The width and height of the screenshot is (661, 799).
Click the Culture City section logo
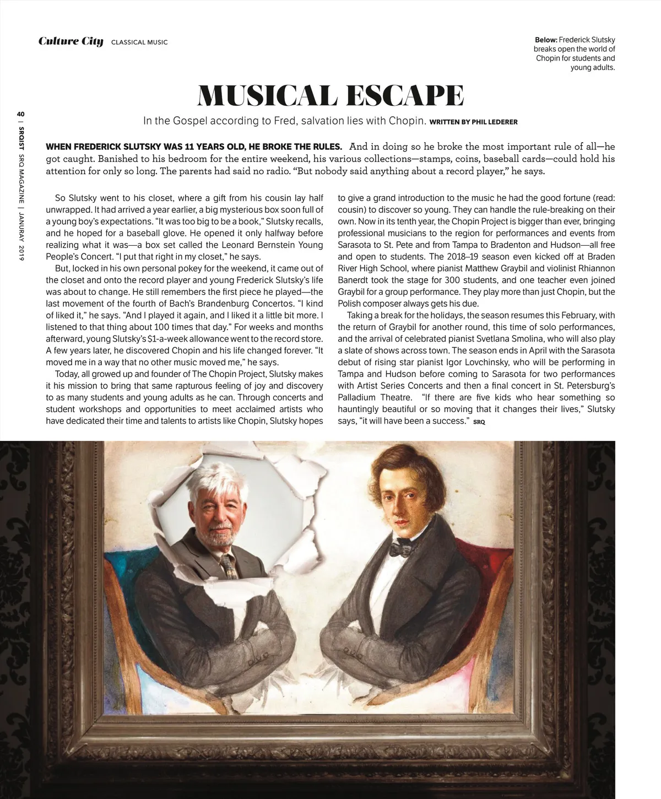click(x=71, y=41)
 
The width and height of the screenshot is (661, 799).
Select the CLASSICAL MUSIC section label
click(x=139, y=42)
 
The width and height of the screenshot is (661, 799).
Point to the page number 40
click(x=20, y=114)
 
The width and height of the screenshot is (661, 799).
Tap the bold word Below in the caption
click(x=546, y=40)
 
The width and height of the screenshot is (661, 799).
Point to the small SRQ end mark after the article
click(x=479, y=422)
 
